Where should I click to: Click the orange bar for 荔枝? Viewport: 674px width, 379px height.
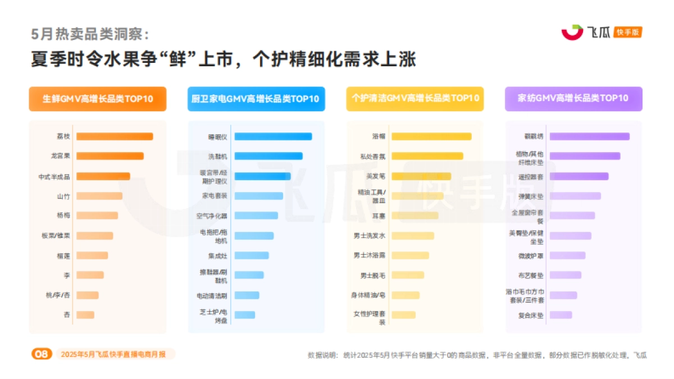click(x=115, y=136)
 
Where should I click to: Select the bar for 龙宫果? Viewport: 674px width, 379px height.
click(x=110, y=156)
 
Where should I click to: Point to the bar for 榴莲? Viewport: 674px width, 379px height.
click(x=92, y=255)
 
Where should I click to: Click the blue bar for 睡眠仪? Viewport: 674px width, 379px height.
click(x=273, y=136)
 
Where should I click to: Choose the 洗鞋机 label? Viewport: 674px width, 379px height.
click(x=217, y=156)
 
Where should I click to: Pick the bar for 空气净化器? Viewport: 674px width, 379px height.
click(x=256, y=216)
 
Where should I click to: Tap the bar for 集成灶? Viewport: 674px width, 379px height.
click(x=252, y=255)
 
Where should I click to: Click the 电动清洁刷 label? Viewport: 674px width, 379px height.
click(x=212, y=295)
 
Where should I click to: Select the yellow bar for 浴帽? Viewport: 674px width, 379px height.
click(x=431, y=136)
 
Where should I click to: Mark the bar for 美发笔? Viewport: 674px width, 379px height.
click(x=421, y=176)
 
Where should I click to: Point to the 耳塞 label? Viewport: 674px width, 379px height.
click(x=379, y=216)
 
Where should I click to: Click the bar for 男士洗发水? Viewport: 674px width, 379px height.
click(x=413, y=236)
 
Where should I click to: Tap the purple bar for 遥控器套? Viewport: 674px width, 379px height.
click(x=579, y=176)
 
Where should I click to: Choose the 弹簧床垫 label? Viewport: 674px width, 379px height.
click(x=531, y=197)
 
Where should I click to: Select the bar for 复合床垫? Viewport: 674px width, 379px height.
click(x=561, y=315)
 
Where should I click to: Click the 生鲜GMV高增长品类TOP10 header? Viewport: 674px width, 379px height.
click(x=98, y=99)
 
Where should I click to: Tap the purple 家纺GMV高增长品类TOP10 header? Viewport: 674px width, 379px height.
click(x=573, y=99)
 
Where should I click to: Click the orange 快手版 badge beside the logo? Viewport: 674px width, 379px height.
click(x=628, y=32)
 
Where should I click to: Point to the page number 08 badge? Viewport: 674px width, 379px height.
click(x=42, y=354)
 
